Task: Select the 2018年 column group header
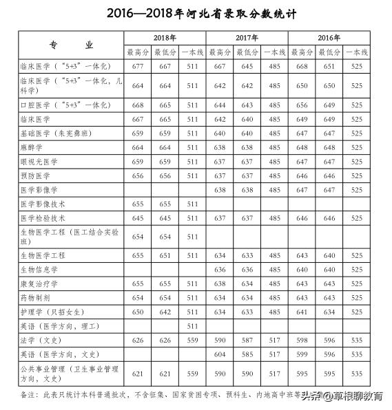163,37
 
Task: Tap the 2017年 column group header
247,37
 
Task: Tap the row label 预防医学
37,175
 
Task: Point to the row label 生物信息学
41,270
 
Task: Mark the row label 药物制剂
37,297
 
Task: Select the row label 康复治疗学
41,283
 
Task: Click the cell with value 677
136,67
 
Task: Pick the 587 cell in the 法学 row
247,340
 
